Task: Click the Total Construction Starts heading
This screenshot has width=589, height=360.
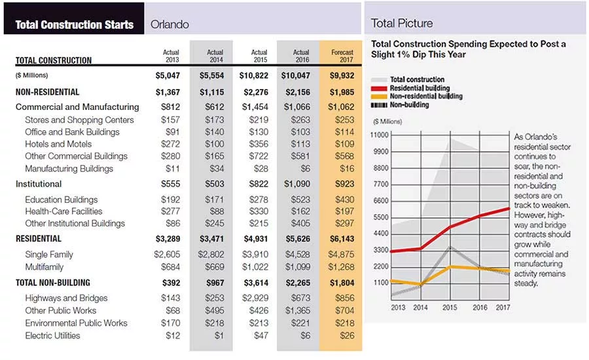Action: (x=75, y=25)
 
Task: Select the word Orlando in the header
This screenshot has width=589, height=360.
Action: (x=170, y=24)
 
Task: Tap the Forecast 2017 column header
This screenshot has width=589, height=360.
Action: (x=342, y=56)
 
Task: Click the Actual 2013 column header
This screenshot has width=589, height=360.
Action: (x=171, y=56)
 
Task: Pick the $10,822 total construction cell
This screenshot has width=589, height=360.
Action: (x=254, y=75)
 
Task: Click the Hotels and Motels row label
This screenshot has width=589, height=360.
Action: (x=58, y=144)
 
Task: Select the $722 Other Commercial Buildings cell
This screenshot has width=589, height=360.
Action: (x=259, y=156)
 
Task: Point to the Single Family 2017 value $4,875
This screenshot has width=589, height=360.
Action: (x=341, y=255)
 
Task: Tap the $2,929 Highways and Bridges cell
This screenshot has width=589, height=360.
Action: (x=255, y=298)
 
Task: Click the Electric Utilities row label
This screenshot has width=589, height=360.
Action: (x=52, y=336)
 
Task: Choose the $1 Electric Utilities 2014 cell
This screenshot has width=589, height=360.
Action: (x=219, y=336)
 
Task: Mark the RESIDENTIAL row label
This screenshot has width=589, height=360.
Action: (x=39, y=239)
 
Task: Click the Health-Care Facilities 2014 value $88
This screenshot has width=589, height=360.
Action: (x=217, y=211)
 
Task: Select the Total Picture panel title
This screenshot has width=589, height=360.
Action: (x=402, y=24)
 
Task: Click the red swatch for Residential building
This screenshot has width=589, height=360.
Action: (x=379, y=88)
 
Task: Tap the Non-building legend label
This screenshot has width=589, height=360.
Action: (x=410, y=105)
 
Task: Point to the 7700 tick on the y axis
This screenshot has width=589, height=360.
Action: (x=381, y=184)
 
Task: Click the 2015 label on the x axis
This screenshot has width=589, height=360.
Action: (x=450, y=308)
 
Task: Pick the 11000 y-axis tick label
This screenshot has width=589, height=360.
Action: (x=380, y=135)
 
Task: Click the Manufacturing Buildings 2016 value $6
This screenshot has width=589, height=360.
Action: (x=306, y=169)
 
